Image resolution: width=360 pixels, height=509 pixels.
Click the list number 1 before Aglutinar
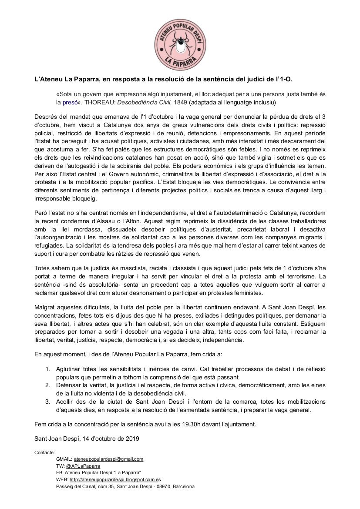[48, 369]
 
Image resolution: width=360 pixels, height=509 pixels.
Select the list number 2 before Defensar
[48, 385]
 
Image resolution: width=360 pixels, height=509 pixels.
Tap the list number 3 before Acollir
[48, 402]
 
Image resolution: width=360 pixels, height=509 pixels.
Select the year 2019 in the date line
[131, 439]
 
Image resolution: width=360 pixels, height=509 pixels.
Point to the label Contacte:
[44, 452]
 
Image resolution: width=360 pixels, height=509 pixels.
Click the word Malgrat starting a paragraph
[45, 307]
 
